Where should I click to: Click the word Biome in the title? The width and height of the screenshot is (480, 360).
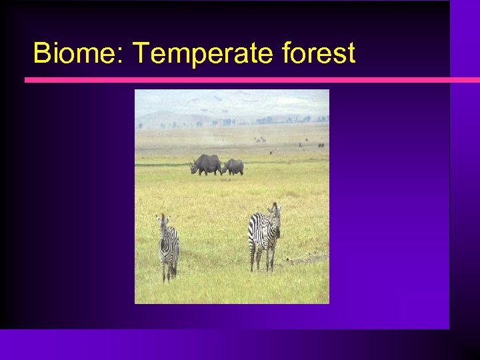[x=71, y=53]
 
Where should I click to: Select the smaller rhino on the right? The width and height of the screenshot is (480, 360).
[x=233, y=167]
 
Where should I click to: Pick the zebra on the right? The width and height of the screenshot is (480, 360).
[x=264, y=233]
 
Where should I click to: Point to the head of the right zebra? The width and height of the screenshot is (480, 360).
[x=275, y=217]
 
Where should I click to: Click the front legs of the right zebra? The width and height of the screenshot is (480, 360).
[x=271, y=257]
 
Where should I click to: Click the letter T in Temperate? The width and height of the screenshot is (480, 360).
[x=141, y=53]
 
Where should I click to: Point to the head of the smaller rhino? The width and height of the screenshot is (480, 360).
[x=225, y=169]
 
